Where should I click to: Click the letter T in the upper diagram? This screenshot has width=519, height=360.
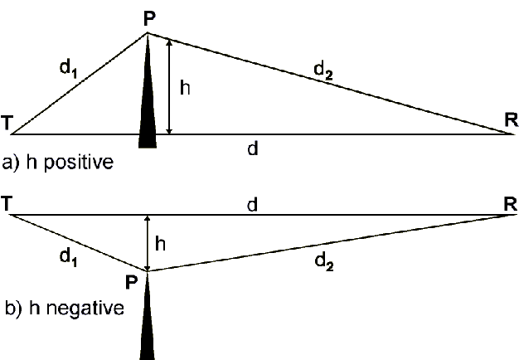pyautogui.click(x=7, y=124)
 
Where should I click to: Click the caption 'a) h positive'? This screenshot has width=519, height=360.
pyautogui.click(x=57, y=162)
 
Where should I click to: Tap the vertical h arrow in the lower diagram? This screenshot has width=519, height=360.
pyautogui.click(x=148, y=243)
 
